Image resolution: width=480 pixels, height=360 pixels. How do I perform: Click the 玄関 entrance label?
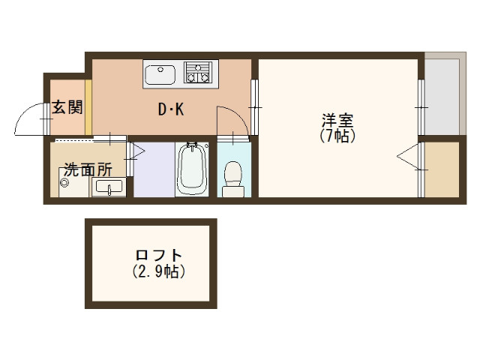point(66,108)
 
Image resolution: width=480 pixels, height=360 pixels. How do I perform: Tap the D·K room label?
point(170,110)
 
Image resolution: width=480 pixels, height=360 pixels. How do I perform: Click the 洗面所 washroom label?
point(88,169)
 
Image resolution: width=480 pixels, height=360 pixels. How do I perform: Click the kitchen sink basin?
point(160,75)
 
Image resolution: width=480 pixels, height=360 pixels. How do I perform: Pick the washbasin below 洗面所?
point(109,188)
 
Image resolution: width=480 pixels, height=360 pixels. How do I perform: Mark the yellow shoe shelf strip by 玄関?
point(88,106)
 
